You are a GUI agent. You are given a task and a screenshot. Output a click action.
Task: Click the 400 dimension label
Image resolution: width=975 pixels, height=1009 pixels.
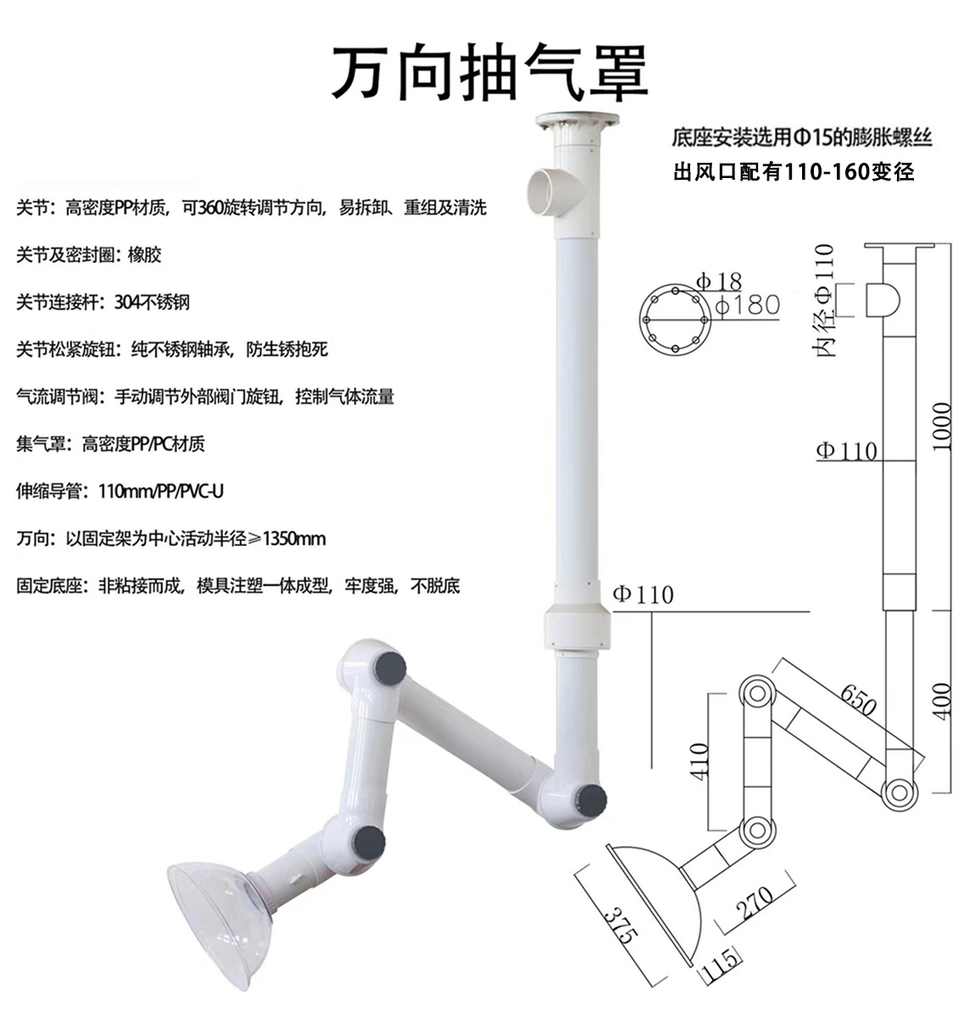pyautogui.click(x=942, y=700)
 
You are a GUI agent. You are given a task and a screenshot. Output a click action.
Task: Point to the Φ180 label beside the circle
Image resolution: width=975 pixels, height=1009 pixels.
pyautogui.click(x=746, y=305)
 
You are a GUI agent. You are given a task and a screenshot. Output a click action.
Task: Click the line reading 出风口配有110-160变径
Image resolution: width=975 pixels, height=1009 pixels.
pyautogui.click(x=794, y=172)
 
